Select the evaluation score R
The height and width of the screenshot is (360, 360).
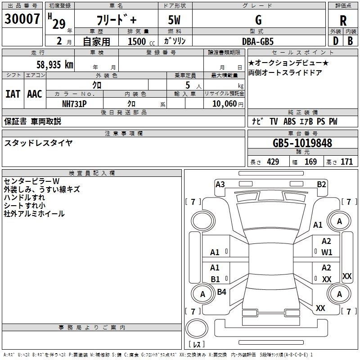[x=343, y=21]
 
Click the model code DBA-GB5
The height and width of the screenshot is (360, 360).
[x=258, y=41]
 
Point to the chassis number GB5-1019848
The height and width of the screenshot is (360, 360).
[x=302, y=144]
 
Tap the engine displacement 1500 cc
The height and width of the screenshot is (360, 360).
[x=137, y=41]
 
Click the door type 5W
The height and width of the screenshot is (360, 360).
[x=175, y=20]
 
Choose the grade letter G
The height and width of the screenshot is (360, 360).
[x=258, y=20]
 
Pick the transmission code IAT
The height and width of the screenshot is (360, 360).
[x=13, y=94]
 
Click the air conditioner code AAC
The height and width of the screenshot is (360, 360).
[x=34, y=94]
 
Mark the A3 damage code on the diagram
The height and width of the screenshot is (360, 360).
[x=220, y=184]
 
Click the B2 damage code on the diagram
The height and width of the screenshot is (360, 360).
[x=321, y=184]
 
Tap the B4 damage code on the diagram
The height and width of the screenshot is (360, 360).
[x=221, y=292]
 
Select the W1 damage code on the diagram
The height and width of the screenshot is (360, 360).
[x=327, y=252]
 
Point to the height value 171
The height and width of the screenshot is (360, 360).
[x=346, y=162]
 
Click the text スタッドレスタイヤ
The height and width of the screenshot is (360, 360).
[x=38, y=143]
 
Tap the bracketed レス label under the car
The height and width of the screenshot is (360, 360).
[x=197, y=345]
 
